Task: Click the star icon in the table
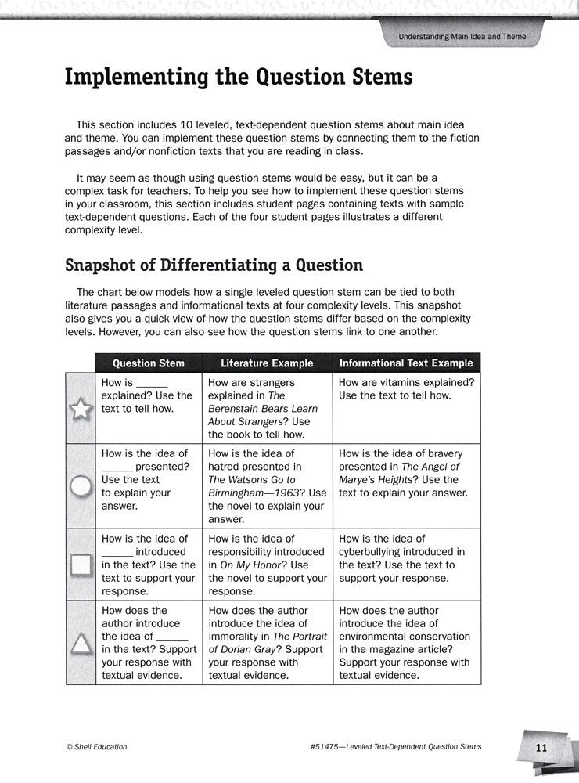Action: [81, 409]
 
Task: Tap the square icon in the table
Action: [81, 565]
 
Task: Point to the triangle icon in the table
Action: [81, 643]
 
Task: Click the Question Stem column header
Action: [149, 363]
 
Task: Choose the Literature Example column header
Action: [267, 363]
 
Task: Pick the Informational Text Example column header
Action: [406, 363]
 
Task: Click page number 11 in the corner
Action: [541, 748]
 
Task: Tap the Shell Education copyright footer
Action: [97, 747]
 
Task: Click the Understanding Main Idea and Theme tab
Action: [462, 37]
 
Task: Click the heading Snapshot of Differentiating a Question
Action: [214, 265]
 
